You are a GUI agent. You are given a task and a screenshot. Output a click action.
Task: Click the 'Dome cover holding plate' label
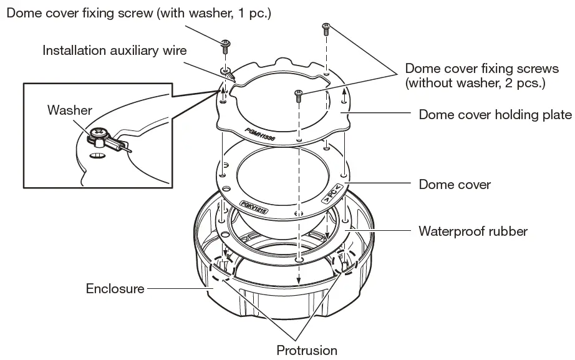(495, 115)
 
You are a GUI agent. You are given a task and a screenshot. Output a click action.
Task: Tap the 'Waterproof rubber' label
(473, 231)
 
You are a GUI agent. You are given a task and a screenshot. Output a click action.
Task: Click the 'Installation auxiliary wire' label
(114, 50)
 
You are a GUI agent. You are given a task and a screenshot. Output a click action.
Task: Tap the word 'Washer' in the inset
(69, 110)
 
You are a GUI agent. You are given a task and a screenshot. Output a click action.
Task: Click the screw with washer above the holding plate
(226, 44)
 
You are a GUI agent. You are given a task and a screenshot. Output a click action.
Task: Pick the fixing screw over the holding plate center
(299, 95)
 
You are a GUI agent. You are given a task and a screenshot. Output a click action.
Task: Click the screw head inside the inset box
(99, 134)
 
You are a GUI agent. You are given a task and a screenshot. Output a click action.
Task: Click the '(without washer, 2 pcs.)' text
(475, 82)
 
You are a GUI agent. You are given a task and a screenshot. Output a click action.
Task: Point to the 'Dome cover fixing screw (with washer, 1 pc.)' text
(138, 12)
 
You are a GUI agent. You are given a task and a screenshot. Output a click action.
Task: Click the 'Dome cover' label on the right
(455, 185)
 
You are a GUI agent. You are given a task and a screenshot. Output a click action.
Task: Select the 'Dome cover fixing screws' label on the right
(481, 68)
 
